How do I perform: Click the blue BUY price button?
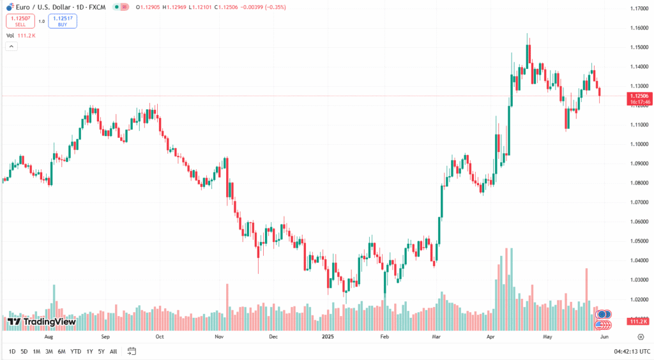[x=62, y=21]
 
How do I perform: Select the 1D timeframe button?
[x=12, y=351]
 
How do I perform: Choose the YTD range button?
[x=75, y=351]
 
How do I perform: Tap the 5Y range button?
[x=101, y=351]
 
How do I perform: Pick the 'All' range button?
[x=113, y=351]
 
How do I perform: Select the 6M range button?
[x=61, y=351]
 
